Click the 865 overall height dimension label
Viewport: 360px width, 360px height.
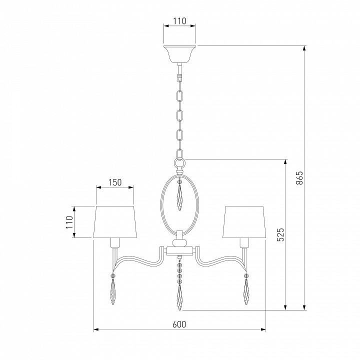tap(299, 177)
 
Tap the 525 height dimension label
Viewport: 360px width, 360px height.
tap(280, 234)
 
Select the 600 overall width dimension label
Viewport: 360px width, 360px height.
tap(179, 324)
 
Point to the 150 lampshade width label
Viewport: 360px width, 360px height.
tap(115, 182)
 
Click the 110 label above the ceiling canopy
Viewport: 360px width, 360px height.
tap(179, 21)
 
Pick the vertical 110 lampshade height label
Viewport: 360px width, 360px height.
tap(69, 222)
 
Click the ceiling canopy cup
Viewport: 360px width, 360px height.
tap(180, 54)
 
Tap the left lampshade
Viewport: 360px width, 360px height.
tap(115, 222)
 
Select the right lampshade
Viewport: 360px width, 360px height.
tap(244, 222)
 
